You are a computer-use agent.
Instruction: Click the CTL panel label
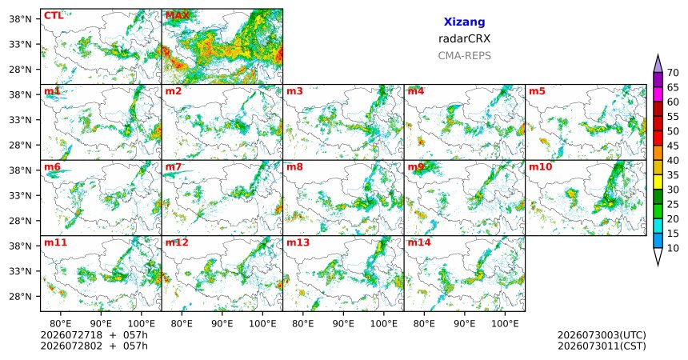pos(54,16)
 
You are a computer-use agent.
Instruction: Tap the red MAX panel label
pos(178,16)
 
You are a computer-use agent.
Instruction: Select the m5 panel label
pos(537,91)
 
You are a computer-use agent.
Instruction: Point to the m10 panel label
pos(541,167)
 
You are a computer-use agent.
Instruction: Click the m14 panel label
pos(419,242)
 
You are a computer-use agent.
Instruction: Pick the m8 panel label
pos(295,167)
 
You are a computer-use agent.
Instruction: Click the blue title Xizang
pos(464,22)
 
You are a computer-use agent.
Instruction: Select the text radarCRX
pos(464,38)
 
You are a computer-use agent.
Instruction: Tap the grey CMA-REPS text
pos(464,56)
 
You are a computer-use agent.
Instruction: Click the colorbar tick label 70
pos(673,73)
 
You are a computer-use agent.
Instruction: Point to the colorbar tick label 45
pos(673,146)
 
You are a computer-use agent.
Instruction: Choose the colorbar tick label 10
pos(673,248)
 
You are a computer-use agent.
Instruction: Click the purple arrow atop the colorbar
pos(658,64)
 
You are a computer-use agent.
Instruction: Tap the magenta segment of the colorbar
pos(658,94)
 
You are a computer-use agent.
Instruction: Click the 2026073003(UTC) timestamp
pos(602,335)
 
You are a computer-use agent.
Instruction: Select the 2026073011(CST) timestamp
pos(602,346)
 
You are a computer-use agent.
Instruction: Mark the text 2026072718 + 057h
pos(94,335)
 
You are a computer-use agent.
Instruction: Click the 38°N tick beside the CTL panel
pos(20,19)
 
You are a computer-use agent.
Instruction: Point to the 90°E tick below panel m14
pos(464,324)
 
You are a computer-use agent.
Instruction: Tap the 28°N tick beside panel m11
pos(20,296)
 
